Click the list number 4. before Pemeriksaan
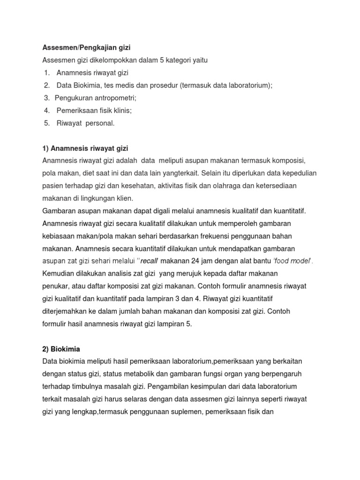[x=47, y=110]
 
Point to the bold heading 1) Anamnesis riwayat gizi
[x=85, y=149]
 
